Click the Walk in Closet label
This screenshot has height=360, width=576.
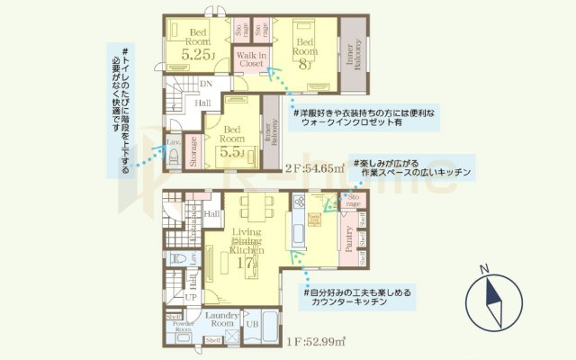(250, 59)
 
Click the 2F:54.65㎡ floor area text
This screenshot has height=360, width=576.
(315, 168)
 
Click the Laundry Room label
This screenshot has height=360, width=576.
(220, 319)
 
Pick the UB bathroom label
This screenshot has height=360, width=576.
(253, 323)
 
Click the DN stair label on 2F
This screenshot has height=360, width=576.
(206, 85)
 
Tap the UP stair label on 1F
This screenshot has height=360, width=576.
(191, 297)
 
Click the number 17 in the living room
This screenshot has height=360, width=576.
(244, 265)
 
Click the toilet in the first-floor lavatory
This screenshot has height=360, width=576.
(177, 259)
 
